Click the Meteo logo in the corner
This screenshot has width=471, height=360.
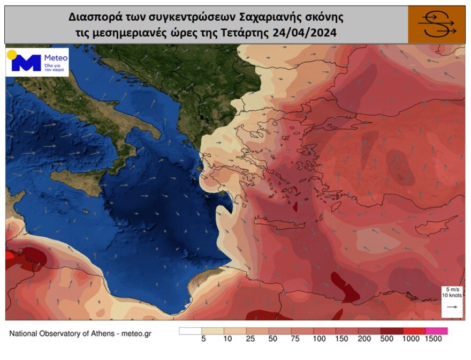coord(37,62)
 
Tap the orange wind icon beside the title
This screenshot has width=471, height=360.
coord(436,25)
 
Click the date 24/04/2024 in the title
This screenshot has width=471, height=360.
coord(306,33)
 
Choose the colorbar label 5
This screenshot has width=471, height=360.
coord(203,339)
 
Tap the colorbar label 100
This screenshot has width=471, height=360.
coord(319,339)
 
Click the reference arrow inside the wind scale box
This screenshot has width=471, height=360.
coord(451,307)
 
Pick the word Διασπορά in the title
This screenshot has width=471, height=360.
coord(92,16)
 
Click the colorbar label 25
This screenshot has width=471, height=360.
coord(249,339)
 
